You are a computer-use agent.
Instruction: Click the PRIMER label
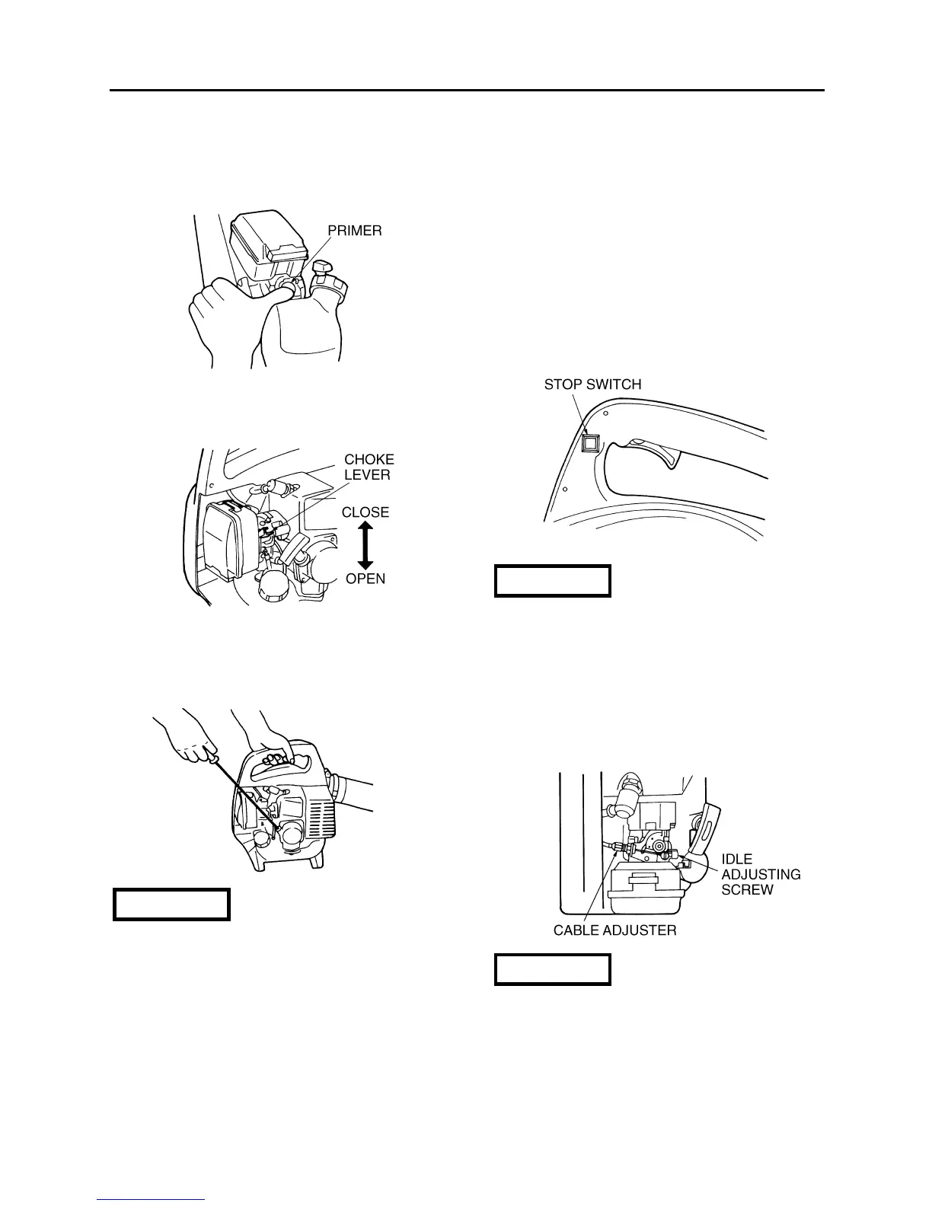(x=355, y=231)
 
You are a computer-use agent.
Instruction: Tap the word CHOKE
(x=369, y=460)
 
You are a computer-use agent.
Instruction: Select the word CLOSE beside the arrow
(x=365, y=512)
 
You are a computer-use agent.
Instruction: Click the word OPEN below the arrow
(x=365, y=579)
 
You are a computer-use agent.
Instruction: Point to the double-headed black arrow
(x=365, y=545)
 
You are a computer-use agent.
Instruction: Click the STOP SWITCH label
(x=592, y=384)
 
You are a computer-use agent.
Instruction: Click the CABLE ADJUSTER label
(x=614, y=930)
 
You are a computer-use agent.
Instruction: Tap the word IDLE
(x=736, y=860)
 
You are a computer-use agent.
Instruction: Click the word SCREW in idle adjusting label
(x=747, y=889)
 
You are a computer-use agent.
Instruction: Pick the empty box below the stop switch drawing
(x=553, y=581)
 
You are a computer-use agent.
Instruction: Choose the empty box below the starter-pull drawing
(x=171, y=904)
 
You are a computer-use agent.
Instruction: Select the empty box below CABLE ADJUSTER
(x=553, y=970)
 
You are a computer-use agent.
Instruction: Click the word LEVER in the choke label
(x=367, y=475)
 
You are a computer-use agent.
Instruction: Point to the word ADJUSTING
(x=761, y=874)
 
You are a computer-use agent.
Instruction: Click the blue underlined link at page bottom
(x=151, y=1200)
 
